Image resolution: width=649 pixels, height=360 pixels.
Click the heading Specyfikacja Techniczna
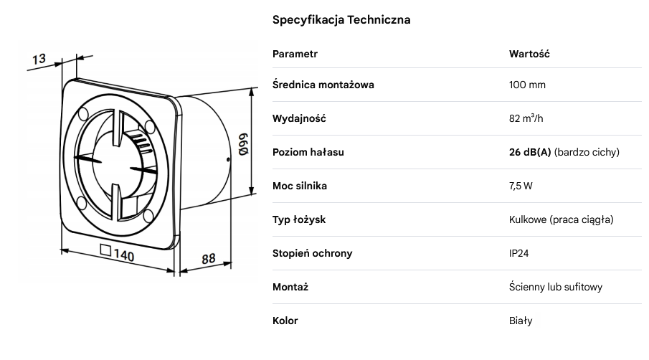[x=341, y=20]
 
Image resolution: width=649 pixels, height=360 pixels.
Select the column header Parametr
[x=295, y=54]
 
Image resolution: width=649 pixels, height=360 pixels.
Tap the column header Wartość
[x=529, y=54]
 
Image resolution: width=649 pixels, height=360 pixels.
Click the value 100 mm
[x=527, y=85]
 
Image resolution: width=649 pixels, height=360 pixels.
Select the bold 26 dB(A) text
[x=530, y=152]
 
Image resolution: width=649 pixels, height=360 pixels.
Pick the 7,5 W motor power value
[x=521, y=186]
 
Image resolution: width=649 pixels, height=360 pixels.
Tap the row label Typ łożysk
[x=299, y=219]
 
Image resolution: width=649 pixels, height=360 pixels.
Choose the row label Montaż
[x=290, y=287]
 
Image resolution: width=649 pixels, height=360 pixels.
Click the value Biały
[x=521, y=321]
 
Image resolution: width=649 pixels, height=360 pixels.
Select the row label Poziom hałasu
[x=308, y=152]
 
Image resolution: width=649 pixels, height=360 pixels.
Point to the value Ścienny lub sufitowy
[x=555, y=287]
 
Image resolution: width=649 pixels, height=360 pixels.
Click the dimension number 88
[x=209, y=258]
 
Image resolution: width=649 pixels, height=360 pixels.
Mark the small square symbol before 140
[x=106, y=251]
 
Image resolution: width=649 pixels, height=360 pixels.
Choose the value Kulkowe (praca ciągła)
[x=561, y=219]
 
